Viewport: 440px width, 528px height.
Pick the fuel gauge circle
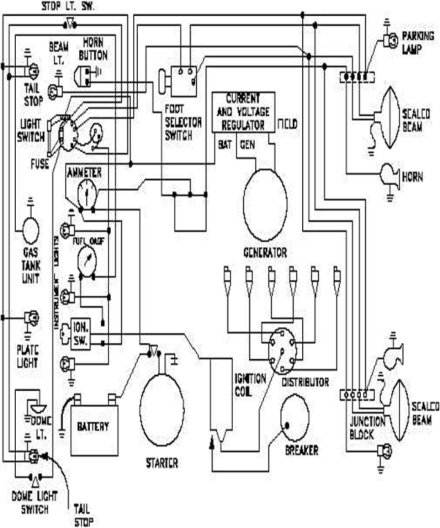(85, 261)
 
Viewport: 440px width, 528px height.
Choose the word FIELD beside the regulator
(287, 123)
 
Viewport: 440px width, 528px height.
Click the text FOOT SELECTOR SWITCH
(179, 121)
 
